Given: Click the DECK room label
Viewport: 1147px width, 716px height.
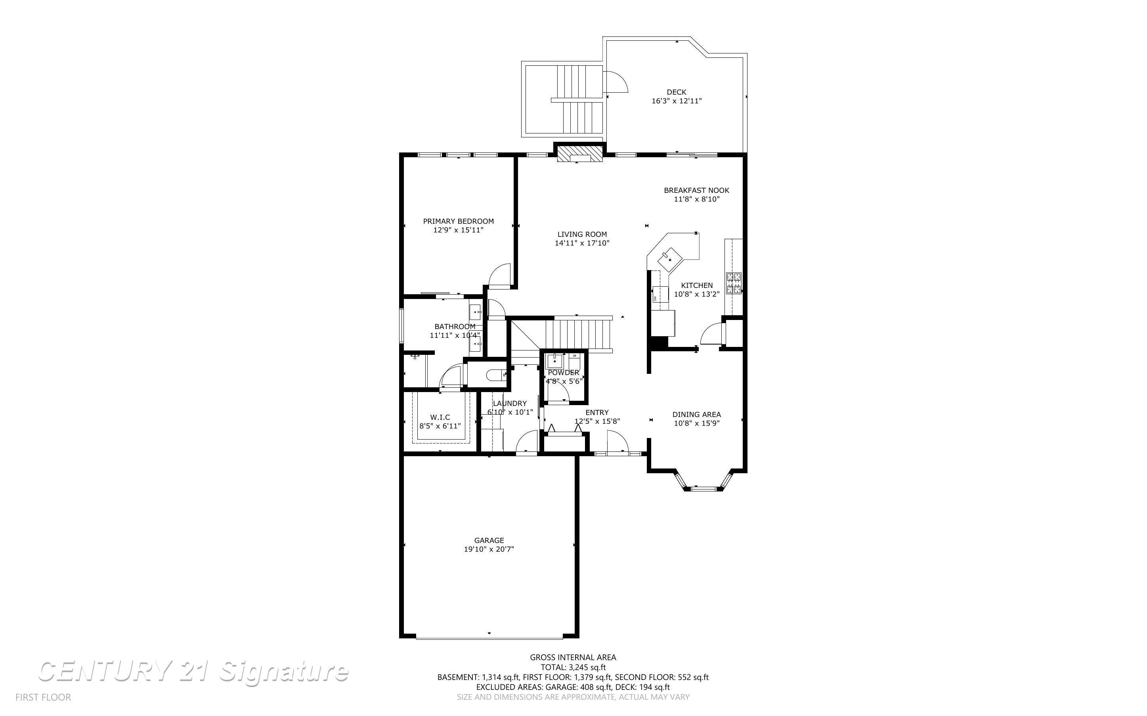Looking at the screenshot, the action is click(x=676, y=92).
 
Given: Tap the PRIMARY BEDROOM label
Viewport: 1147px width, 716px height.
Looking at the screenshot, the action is click(x=458, y=221).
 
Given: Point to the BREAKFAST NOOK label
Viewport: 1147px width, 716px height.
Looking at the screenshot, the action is click(x=696, y=190).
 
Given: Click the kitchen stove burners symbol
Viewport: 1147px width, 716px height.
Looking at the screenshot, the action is click(x=734, y=283).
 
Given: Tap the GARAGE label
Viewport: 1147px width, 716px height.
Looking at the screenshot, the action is click(x=489, y=540).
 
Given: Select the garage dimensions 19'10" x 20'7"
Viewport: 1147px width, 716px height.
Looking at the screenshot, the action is click(x=489, y=549).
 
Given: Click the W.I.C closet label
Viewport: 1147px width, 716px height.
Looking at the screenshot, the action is click(x=440, y=417).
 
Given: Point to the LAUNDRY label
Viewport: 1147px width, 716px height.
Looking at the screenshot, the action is click(x=509, y=404).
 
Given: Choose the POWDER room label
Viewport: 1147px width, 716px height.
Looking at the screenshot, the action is click(x=563, y=373).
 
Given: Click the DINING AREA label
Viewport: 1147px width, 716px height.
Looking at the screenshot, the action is click(x=696, y=415).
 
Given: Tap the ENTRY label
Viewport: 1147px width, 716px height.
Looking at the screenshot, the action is click(x=597, y=413).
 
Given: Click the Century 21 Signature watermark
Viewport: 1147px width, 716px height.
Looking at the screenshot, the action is click(x=193, y=672).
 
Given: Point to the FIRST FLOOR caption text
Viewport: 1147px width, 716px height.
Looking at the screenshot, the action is click(x=43, y=697).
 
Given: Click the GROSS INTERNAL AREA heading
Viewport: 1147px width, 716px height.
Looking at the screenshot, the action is click(x=573, y=657).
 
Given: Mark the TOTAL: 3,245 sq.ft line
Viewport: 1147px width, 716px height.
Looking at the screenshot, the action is click(x=573, y=668).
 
